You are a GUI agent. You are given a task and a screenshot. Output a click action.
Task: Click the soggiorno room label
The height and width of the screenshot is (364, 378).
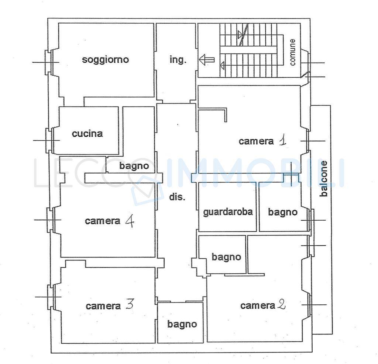click(x=105, y=60)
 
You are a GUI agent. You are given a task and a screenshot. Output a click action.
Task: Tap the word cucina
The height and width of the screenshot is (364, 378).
click(x=87, y=133)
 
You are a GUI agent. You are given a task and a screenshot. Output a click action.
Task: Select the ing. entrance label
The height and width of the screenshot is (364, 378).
click(x=178, y=60)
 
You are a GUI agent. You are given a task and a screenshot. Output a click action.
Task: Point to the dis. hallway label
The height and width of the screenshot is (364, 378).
click(x=177, y=197)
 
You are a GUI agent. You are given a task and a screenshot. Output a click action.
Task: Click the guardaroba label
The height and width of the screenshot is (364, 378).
click(x=228, y=212)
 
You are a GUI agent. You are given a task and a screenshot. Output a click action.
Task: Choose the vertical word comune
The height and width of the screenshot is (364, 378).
click(x=292, y=52)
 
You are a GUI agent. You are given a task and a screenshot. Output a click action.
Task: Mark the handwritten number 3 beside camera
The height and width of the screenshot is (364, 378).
click(x=130, y=304)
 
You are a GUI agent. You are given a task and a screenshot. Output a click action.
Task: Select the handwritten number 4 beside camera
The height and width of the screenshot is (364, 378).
click(x=130, y=221)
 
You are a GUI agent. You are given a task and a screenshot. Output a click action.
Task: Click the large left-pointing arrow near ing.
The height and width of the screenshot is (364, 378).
click(x=207, y=60)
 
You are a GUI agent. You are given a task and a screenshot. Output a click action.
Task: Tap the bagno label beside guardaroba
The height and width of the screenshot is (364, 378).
click(x=283, y=212)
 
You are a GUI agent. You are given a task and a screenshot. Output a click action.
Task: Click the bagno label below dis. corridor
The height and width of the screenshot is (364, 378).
click(x=182, y=324)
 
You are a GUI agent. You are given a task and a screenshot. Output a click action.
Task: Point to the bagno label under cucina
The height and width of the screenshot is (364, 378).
click(x=134, y=166)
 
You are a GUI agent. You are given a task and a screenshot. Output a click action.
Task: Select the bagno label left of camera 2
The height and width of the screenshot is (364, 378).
click(x=226, y=257)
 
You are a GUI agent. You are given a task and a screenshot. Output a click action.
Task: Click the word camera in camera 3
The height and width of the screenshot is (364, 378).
click(x=103, y=306)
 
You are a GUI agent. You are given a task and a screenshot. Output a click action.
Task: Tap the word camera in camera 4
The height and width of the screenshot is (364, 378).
click(x=103, y=221)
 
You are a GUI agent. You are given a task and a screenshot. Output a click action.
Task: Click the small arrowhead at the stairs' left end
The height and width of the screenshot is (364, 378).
click(x=222, y=65)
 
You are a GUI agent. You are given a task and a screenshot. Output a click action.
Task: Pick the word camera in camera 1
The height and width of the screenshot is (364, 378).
click(x=256, y=141)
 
